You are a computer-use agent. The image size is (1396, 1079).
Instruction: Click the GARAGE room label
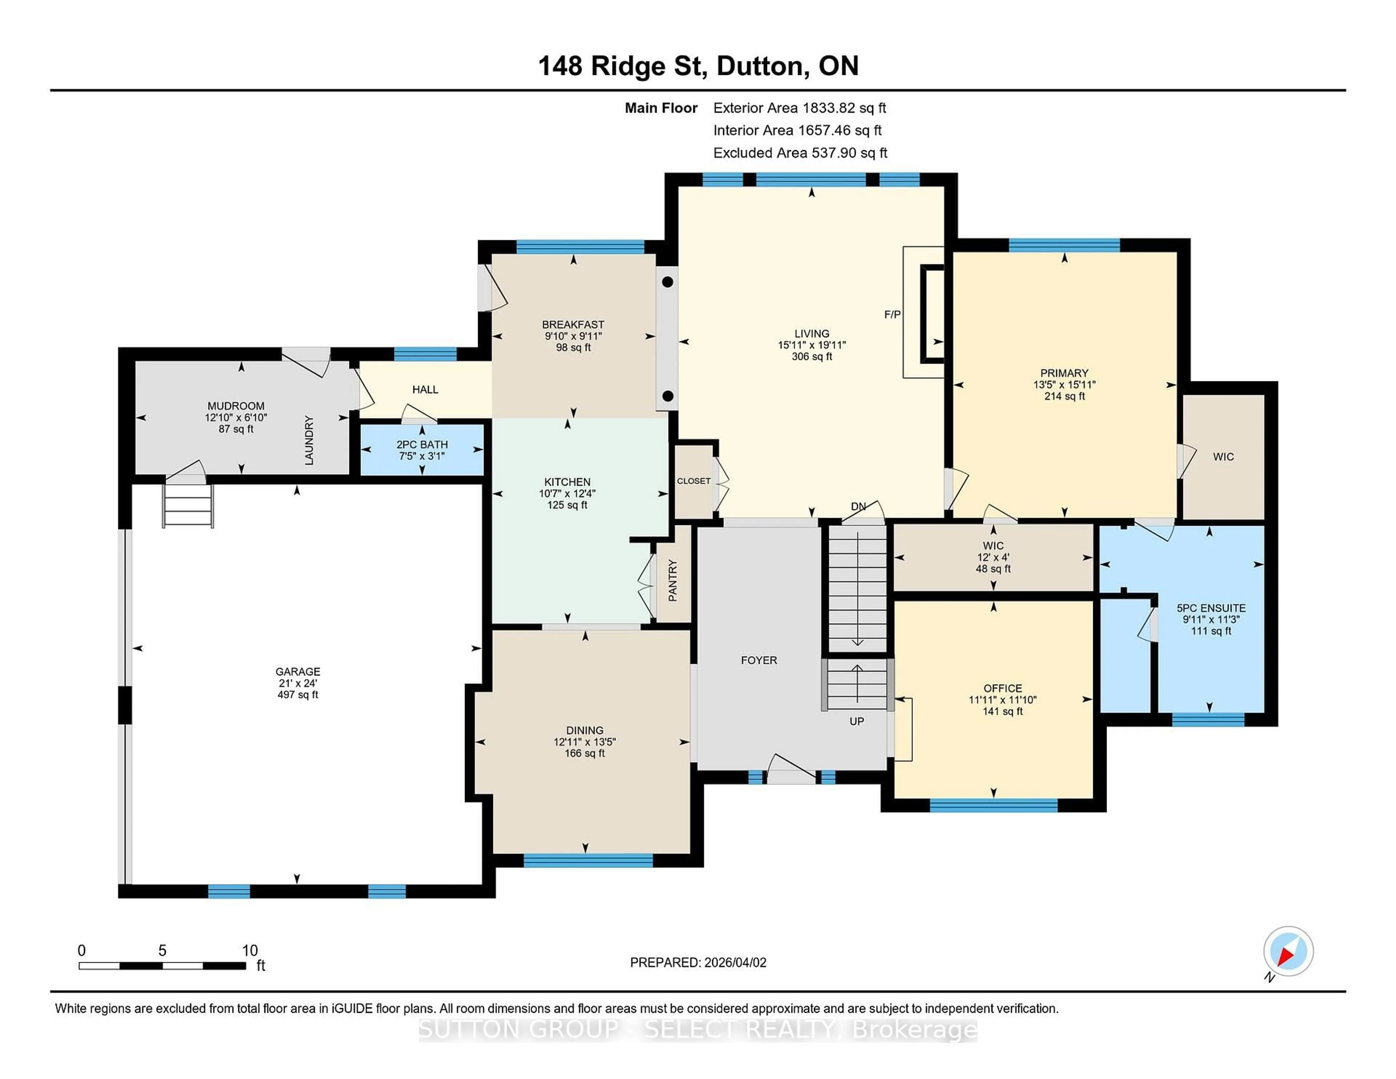click(x=297, y=671)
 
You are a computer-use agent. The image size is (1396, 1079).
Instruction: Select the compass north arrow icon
click(x=1288, y=951)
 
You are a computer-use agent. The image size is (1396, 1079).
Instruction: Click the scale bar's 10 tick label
click(x=250, y=951)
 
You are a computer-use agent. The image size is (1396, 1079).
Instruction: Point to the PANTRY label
click(x=673, y=581)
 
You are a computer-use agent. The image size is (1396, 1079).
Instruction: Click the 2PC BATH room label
click(x=422, y=444)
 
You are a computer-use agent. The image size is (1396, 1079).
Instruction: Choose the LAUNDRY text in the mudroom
click(x=309, y=440)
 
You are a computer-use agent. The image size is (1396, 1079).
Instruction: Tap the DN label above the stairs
click(x=858, y=506)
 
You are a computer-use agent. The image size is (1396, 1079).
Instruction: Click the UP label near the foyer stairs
click(x=857, y=721)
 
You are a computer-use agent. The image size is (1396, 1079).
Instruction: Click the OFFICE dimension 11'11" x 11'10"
click(x=1002, y=700)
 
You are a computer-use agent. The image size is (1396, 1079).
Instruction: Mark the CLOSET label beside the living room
click(x=694, y=481)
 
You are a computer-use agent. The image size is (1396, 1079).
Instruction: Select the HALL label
click(x=425, y=389)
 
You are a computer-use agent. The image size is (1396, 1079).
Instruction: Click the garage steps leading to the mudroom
click(x=188, y=505)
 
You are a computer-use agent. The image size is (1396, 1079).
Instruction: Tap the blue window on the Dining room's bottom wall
click(x=588, y=861)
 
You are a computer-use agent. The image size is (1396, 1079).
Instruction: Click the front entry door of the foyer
click(x=791, y=770)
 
